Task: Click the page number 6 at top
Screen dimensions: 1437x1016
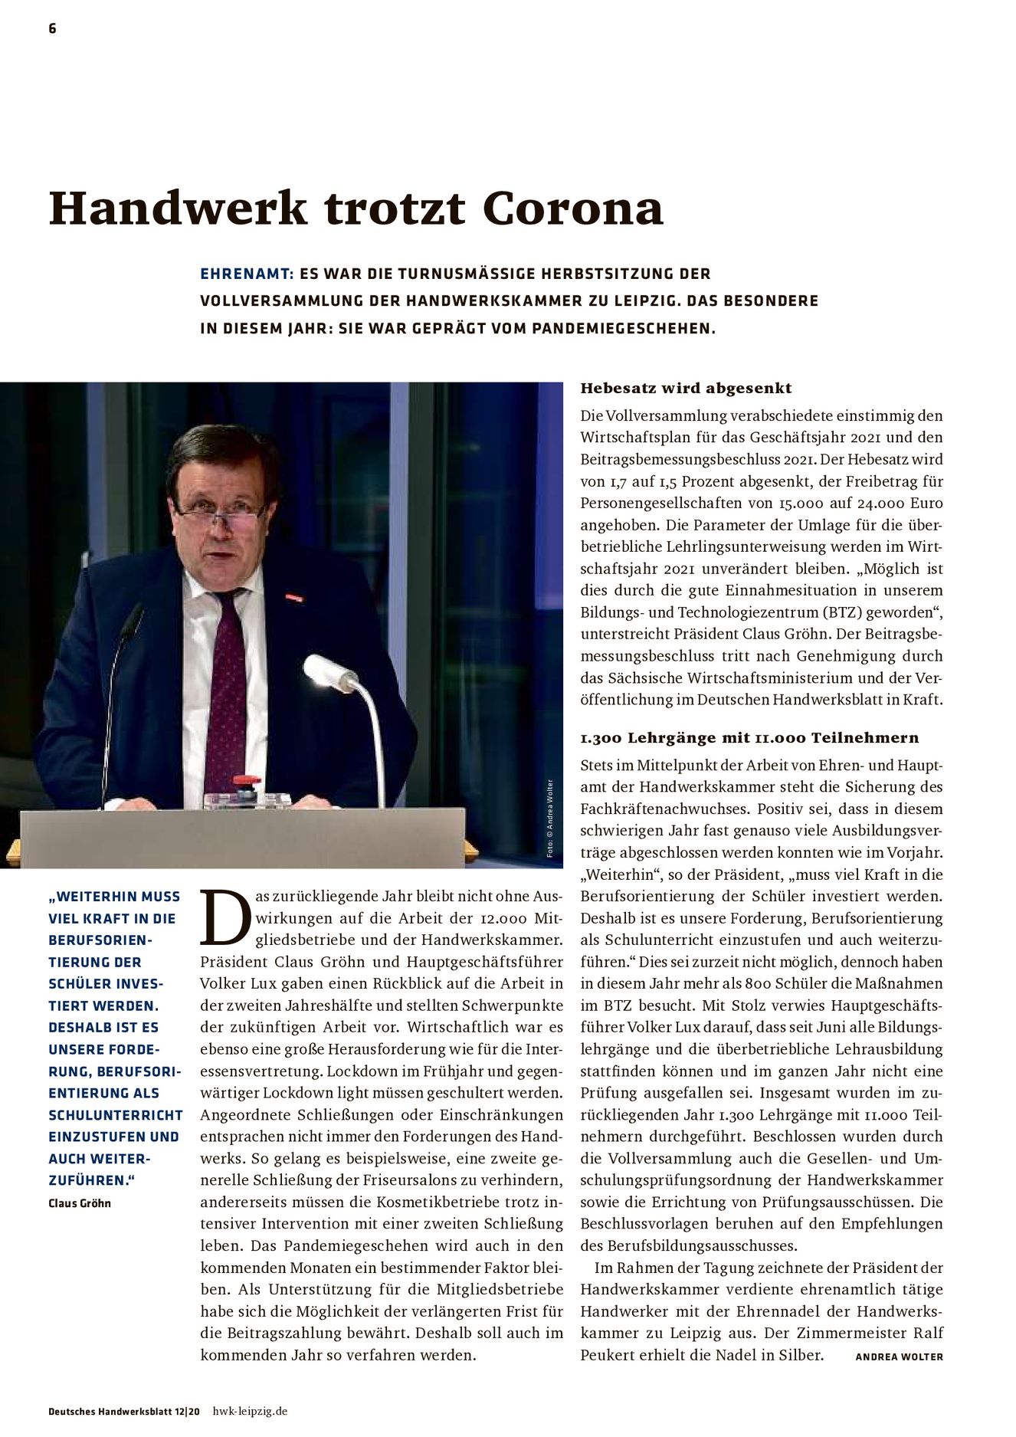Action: pos(52,29)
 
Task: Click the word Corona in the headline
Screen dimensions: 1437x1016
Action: pos(572,208)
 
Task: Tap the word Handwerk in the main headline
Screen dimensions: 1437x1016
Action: pos(178,208)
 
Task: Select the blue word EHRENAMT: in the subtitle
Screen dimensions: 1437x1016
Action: pos(247,274)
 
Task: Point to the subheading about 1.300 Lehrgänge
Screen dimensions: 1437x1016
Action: pos(749,737)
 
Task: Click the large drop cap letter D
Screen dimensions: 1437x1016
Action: pos(225,918)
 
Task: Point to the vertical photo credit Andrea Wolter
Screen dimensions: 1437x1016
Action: pos(549,819)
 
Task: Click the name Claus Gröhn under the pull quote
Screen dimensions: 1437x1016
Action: pos(80,1203)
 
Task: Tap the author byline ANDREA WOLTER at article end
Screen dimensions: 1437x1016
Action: pos(899,1357)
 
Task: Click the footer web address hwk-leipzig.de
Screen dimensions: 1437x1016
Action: pos(250,1411)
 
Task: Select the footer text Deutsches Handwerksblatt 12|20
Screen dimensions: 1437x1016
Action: pos(123,1411)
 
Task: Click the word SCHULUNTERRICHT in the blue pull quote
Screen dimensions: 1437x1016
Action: pos(115,1115)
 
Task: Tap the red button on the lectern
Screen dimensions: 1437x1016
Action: pos(247,782)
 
